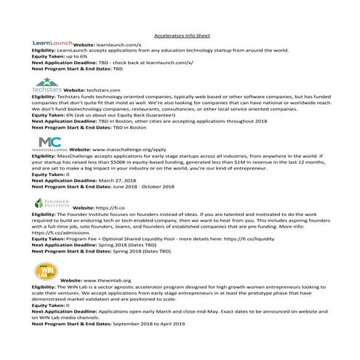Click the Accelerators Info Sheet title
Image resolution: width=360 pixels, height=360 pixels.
click(x=180, y=35)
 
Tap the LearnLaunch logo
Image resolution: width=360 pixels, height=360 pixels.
click(x=52, y=44)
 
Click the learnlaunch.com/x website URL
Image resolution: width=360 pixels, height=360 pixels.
click(x=119, y=45)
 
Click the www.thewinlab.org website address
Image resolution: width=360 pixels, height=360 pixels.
click(x=113, y=280)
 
